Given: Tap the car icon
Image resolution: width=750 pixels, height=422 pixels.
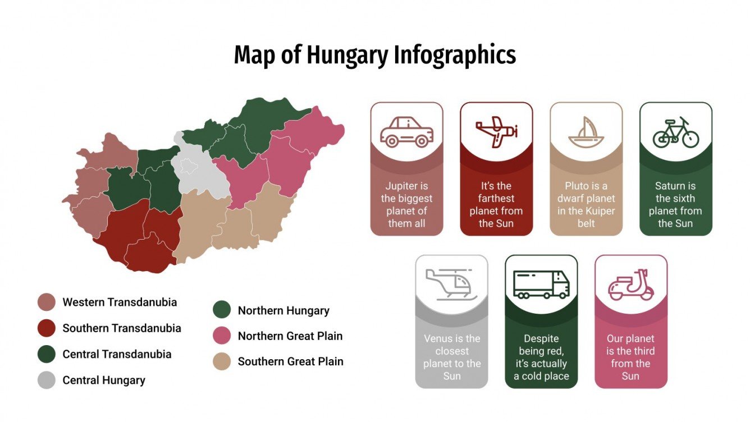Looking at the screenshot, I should click(406, 132).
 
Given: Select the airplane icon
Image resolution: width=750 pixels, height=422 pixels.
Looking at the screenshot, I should click(496, 132).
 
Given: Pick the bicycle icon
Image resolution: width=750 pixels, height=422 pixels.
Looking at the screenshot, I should click(675, 132).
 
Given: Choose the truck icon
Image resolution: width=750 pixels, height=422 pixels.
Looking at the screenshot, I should click(541, 285).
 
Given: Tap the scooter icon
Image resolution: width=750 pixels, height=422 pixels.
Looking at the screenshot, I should click(631, 285).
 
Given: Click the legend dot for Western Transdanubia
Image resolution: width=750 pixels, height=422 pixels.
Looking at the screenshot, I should click(47, 302).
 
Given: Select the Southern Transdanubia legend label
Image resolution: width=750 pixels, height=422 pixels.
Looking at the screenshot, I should click(122, 328).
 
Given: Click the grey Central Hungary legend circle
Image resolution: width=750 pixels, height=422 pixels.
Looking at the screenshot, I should click(47, 380).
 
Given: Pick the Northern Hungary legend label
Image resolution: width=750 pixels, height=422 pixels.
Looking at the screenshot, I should click(283, 310).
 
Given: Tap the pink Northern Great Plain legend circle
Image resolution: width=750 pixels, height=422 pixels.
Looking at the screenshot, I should click(222, 336).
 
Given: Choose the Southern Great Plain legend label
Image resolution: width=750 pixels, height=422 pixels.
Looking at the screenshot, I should click(290, 361).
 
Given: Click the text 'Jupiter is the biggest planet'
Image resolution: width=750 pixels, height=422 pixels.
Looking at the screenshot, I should click(406, 204).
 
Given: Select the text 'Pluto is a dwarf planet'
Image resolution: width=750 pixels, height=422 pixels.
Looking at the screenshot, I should click(586, 204).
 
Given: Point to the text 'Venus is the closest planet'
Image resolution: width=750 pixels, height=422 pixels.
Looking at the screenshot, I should click(451, 357).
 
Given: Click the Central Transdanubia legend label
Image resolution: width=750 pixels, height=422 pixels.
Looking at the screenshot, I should click(117, 354).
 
